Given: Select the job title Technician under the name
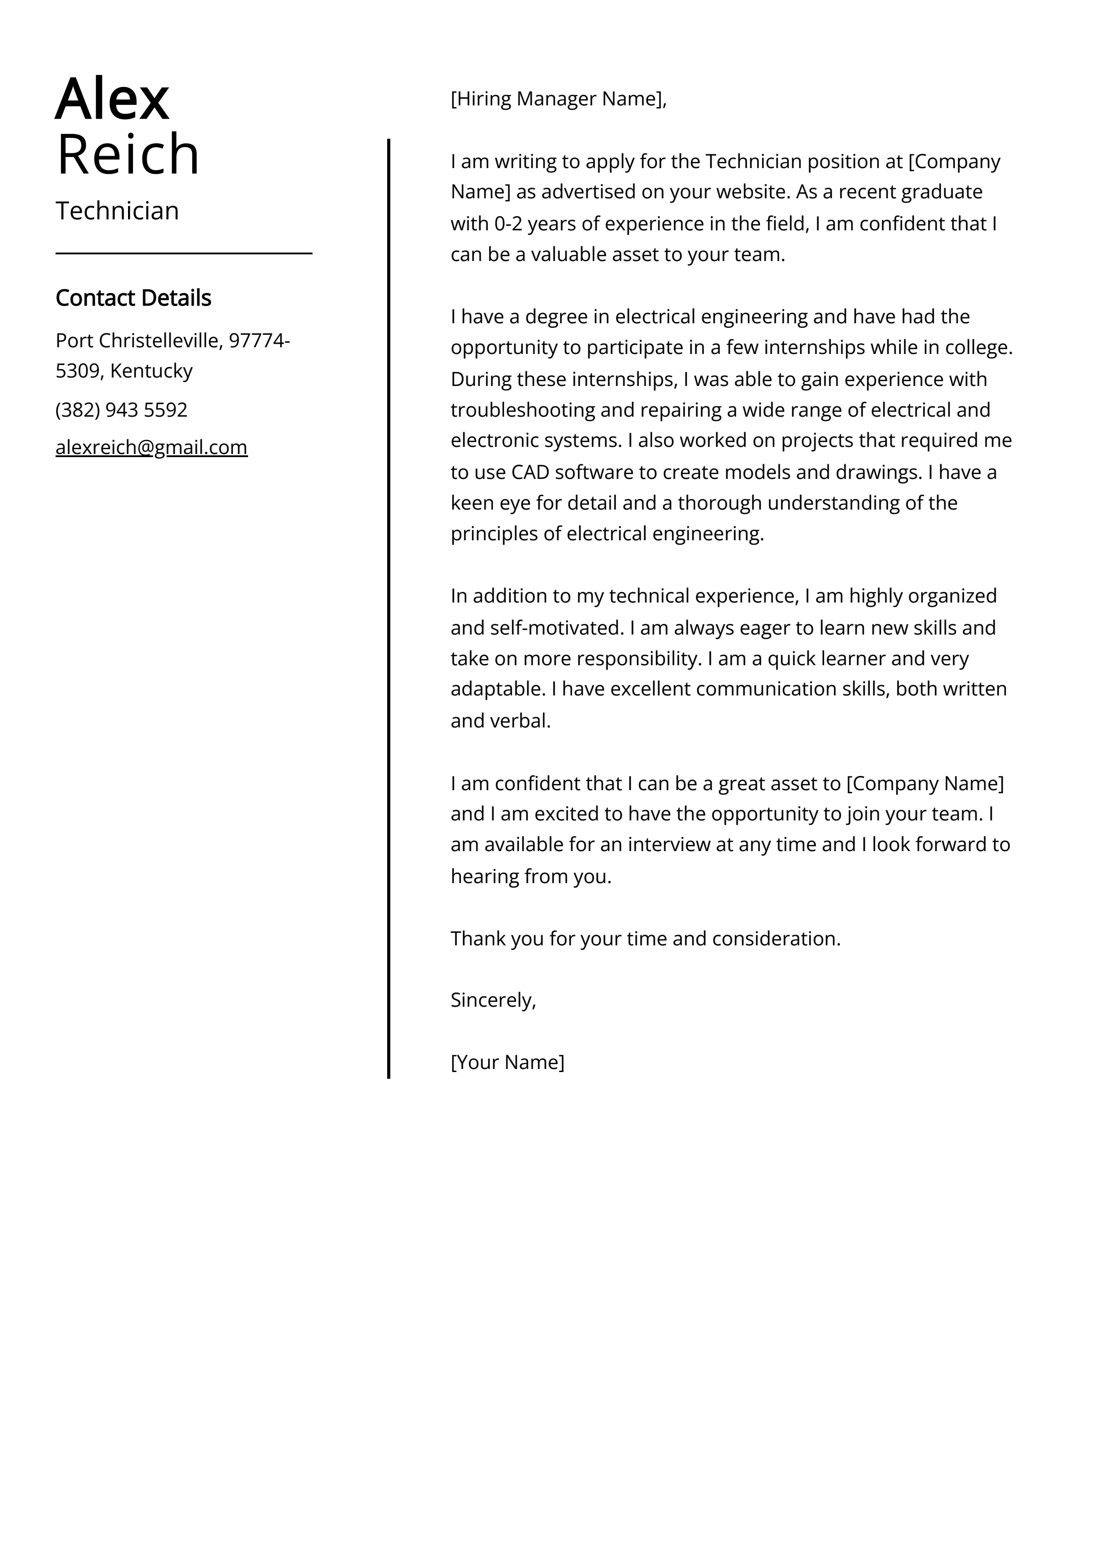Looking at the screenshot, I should [117, 211].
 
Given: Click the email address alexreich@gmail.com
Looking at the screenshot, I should [152, 447].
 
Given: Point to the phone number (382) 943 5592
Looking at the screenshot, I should [121, 410].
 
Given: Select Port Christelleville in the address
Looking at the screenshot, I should [137, 340].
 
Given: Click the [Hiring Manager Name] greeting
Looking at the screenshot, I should [558, 99].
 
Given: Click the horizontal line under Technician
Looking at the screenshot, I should [183, 253].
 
